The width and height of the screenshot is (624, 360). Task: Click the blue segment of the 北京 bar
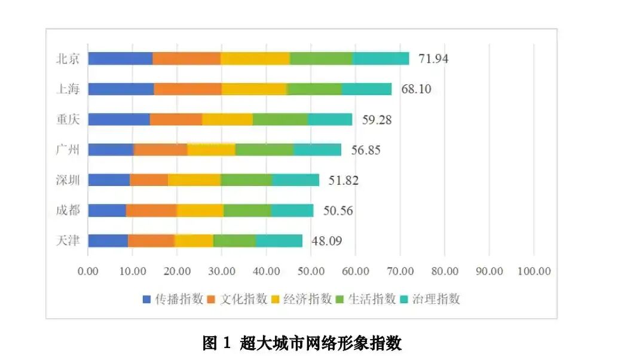coord(120,59)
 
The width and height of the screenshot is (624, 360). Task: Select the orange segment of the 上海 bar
coord(188,89)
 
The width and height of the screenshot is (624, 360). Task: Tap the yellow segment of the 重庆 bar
coord(227,120)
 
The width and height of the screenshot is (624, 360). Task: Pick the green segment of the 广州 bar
coord(264,150)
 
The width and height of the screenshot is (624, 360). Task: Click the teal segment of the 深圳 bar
coord(295,180)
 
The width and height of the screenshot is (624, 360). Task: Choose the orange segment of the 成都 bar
coord(151,210)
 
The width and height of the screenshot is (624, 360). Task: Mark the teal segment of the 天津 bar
coord(279,240)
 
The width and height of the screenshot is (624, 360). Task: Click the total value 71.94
coord(433,59)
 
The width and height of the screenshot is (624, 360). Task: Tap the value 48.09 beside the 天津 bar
coord(326,241)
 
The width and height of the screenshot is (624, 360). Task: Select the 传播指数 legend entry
coord(173,299)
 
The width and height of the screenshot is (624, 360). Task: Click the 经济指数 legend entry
coord(302,299)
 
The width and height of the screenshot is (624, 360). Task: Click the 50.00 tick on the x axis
coord(311,271)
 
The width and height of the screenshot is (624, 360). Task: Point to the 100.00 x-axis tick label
coord(534,271)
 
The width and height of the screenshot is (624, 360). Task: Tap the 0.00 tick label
coord(88,271)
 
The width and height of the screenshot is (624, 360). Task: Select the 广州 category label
coord(68,150)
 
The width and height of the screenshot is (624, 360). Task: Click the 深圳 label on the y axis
coord(68,180)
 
